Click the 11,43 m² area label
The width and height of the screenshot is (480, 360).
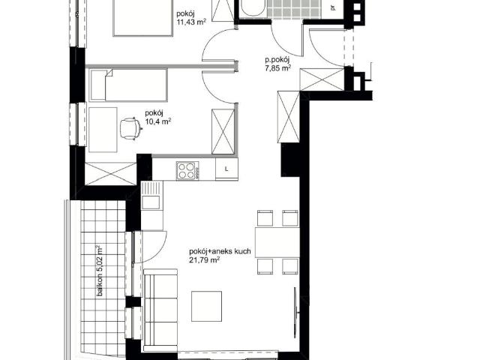[191, 22]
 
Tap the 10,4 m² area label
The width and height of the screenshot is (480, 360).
[157, 122]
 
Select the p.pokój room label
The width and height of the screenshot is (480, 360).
[277, 60]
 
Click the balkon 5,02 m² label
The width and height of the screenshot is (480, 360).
[100, 271]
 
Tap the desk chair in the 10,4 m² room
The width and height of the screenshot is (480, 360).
[130, 129]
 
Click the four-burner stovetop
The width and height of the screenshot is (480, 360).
[187, 171]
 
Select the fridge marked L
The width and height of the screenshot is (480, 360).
[226, 169]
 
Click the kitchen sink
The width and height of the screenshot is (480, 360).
[151, 196]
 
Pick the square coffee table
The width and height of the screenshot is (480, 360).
[207, 306]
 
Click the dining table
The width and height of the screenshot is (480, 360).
[277, 242]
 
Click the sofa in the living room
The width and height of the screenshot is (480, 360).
[160, 310]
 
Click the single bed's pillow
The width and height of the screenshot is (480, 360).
[98, 85]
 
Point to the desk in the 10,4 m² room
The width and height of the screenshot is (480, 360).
[103, 130]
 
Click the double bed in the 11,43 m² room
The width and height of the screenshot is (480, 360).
[143, 18]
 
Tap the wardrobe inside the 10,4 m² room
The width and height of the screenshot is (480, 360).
[223, 132]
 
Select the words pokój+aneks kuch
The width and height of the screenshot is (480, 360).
[220, 252]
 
